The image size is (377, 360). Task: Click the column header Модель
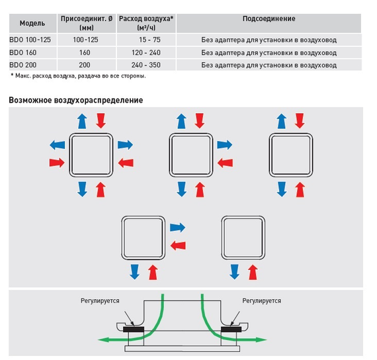[x=32, y=23]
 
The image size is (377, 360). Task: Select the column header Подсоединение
[x=269, y=19]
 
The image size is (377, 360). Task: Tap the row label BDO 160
[x=23, y=52]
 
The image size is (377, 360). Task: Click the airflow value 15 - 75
[x=149, y=40]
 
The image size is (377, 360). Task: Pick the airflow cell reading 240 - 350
[x=146, y=65]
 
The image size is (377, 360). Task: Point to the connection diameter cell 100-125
[x=85, y=40]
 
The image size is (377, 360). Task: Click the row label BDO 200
[x=23, y=65]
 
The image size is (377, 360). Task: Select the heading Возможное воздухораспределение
[x=76, y=100]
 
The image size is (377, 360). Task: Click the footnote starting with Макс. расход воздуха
[x=79, y=76]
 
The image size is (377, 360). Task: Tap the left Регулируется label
[x=100, y=301]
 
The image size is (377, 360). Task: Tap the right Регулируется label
[x=262, y=301]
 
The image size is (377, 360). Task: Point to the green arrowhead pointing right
[x=262, y=339]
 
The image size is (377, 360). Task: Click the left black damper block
[x=134, y=330]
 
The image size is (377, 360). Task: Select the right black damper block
[x=231, y=330]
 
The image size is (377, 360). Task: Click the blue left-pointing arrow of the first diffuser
[x=58, y=145]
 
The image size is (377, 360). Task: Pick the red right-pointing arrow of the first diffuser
[x=57, y=163]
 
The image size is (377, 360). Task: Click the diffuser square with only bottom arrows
[x=243, y=238]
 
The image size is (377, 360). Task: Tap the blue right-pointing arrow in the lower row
[x=178, y=228]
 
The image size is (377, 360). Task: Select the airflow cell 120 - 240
[x=146, y=52]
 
